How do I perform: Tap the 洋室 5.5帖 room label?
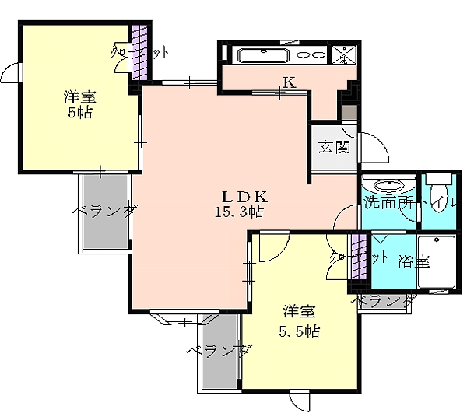pos(300,320)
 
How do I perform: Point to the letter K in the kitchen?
pos(288,82)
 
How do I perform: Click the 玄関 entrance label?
pos(333,147)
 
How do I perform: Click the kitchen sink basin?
pos(263,55)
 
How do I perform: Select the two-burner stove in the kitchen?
pos(313,55)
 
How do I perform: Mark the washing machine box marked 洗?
pos(344,54)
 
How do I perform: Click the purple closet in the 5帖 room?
pos(139,51)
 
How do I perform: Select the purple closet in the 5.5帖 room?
pos(358,261)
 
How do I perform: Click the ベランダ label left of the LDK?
pos(106,211)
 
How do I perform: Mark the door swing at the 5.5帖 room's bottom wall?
pos(299,400)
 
